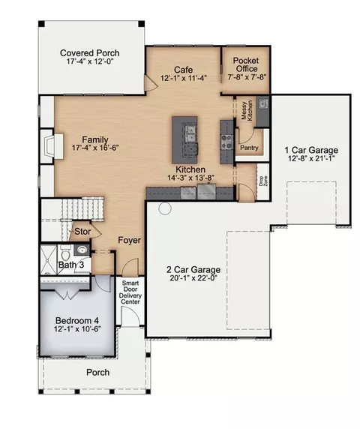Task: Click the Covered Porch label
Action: pyautogui.click(x=90, y=52)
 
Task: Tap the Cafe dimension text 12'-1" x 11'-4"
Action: pyautogui.click(x=183, y=78)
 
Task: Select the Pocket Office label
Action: pyautogui.click(x=246, y=64)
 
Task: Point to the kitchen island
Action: pyautogui.click(x=184, y=139)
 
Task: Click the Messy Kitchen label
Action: pyautogui.click(x=247, y=110)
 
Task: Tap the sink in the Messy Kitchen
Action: pyautogui.click(x=263, y=103)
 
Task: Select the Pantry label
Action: pyautogui.click(x=249, y=148)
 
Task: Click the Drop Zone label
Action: pyautogui.click(x=263, y=181)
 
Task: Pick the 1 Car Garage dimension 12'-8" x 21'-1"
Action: pyautogui.click(x=311, y=158)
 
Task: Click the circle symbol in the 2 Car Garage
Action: pyautogui.click(x=165, y=208)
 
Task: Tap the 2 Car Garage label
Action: pyautogui.click(x=193, y=269)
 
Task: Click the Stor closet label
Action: pyautogui.click(x=82, y=232)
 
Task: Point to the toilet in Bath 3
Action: pyautogui.click(x=65, y=253)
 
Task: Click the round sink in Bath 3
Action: pyautogui.click(x=82, y=250)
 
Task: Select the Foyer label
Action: pyautogui.click(x=130, y=240)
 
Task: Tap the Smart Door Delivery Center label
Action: pyautogui.click(x=130, y=292)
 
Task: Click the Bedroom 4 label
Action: pyautogui.click(x=77, y=320)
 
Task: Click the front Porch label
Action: pyautogui.click(x=98, y=372)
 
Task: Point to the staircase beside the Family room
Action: pyautogui.click(x=82, y=208)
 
